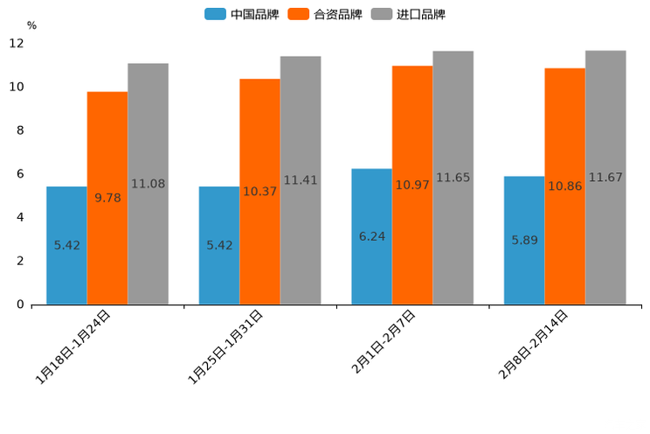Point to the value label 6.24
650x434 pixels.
[x=372, y=236]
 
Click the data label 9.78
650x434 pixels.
[x=107, y=198]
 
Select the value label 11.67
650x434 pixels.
[x=605, y=178]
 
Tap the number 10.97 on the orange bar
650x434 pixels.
[x=412, y=185]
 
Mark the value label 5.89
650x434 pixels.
[x=524, y=240]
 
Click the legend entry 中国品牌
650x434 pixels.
[x=242, y=14]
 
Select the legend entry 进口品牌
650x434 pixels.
[x=408, y=14]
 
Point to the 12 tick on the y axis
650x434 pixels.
[x=17, y=43]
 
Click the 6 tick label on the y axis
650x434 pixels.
[x=19, y=174]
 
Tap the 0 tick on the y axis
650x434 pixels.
[x=19, y=304]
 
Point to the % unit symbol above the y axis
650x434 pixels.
[x=31, y=25]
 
